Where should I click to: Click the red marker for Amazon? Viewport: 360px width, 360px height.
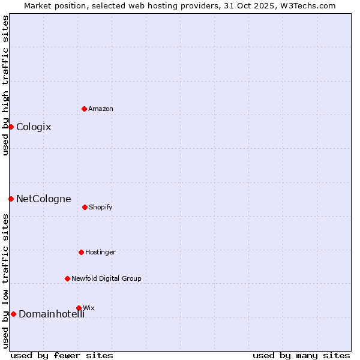pos(84,109)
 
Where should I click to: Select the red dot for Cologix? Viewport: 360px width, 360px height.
pos(11,127)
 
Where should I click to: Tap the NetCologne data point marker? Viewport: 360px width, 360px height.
pos(11,199)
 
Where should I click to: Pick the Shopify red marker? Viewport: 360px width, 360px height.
pos(85,207)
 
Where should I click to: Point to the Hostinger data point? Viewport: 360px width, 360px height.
pos(81,252)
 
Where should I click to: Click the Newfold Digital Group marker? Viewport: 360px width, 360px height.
pos(67,278)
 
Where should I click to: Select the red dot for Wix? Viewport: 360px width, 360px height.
pos(79,308)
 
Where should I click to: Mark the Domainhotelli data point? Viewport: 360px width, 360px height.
pos(13,314)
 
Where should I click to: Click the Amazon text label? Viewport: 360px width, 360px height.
pos(101,109)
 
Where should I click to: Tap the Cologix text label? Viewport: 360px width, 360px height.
pos(34,127)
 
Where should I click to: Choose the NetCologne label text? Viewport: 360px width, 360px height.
pos(44,199)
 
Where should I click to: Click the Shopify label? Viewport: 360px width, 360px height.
pos(101,207)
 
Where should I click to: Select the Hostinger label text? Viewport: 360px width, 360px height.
pos(100,252)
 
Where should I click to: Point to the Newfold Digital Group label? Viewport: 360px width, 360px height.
pos(107,278)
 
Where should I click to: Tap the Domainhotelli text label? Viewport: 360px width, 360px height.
pos(52,314)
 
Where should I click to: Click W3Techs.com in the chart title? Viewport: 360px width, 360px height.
pos(307,5)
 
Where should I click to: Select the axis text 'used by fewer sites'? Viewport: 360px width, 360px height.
pos(62,355)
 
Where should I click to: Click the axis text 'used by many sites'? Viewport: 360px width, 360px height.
pos(301,355)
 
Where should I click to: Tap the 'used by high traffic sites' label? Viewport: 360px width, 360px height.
pos(5,85)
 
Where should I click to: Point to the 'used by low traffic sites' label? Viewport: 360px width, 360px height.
pos(5,280)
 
